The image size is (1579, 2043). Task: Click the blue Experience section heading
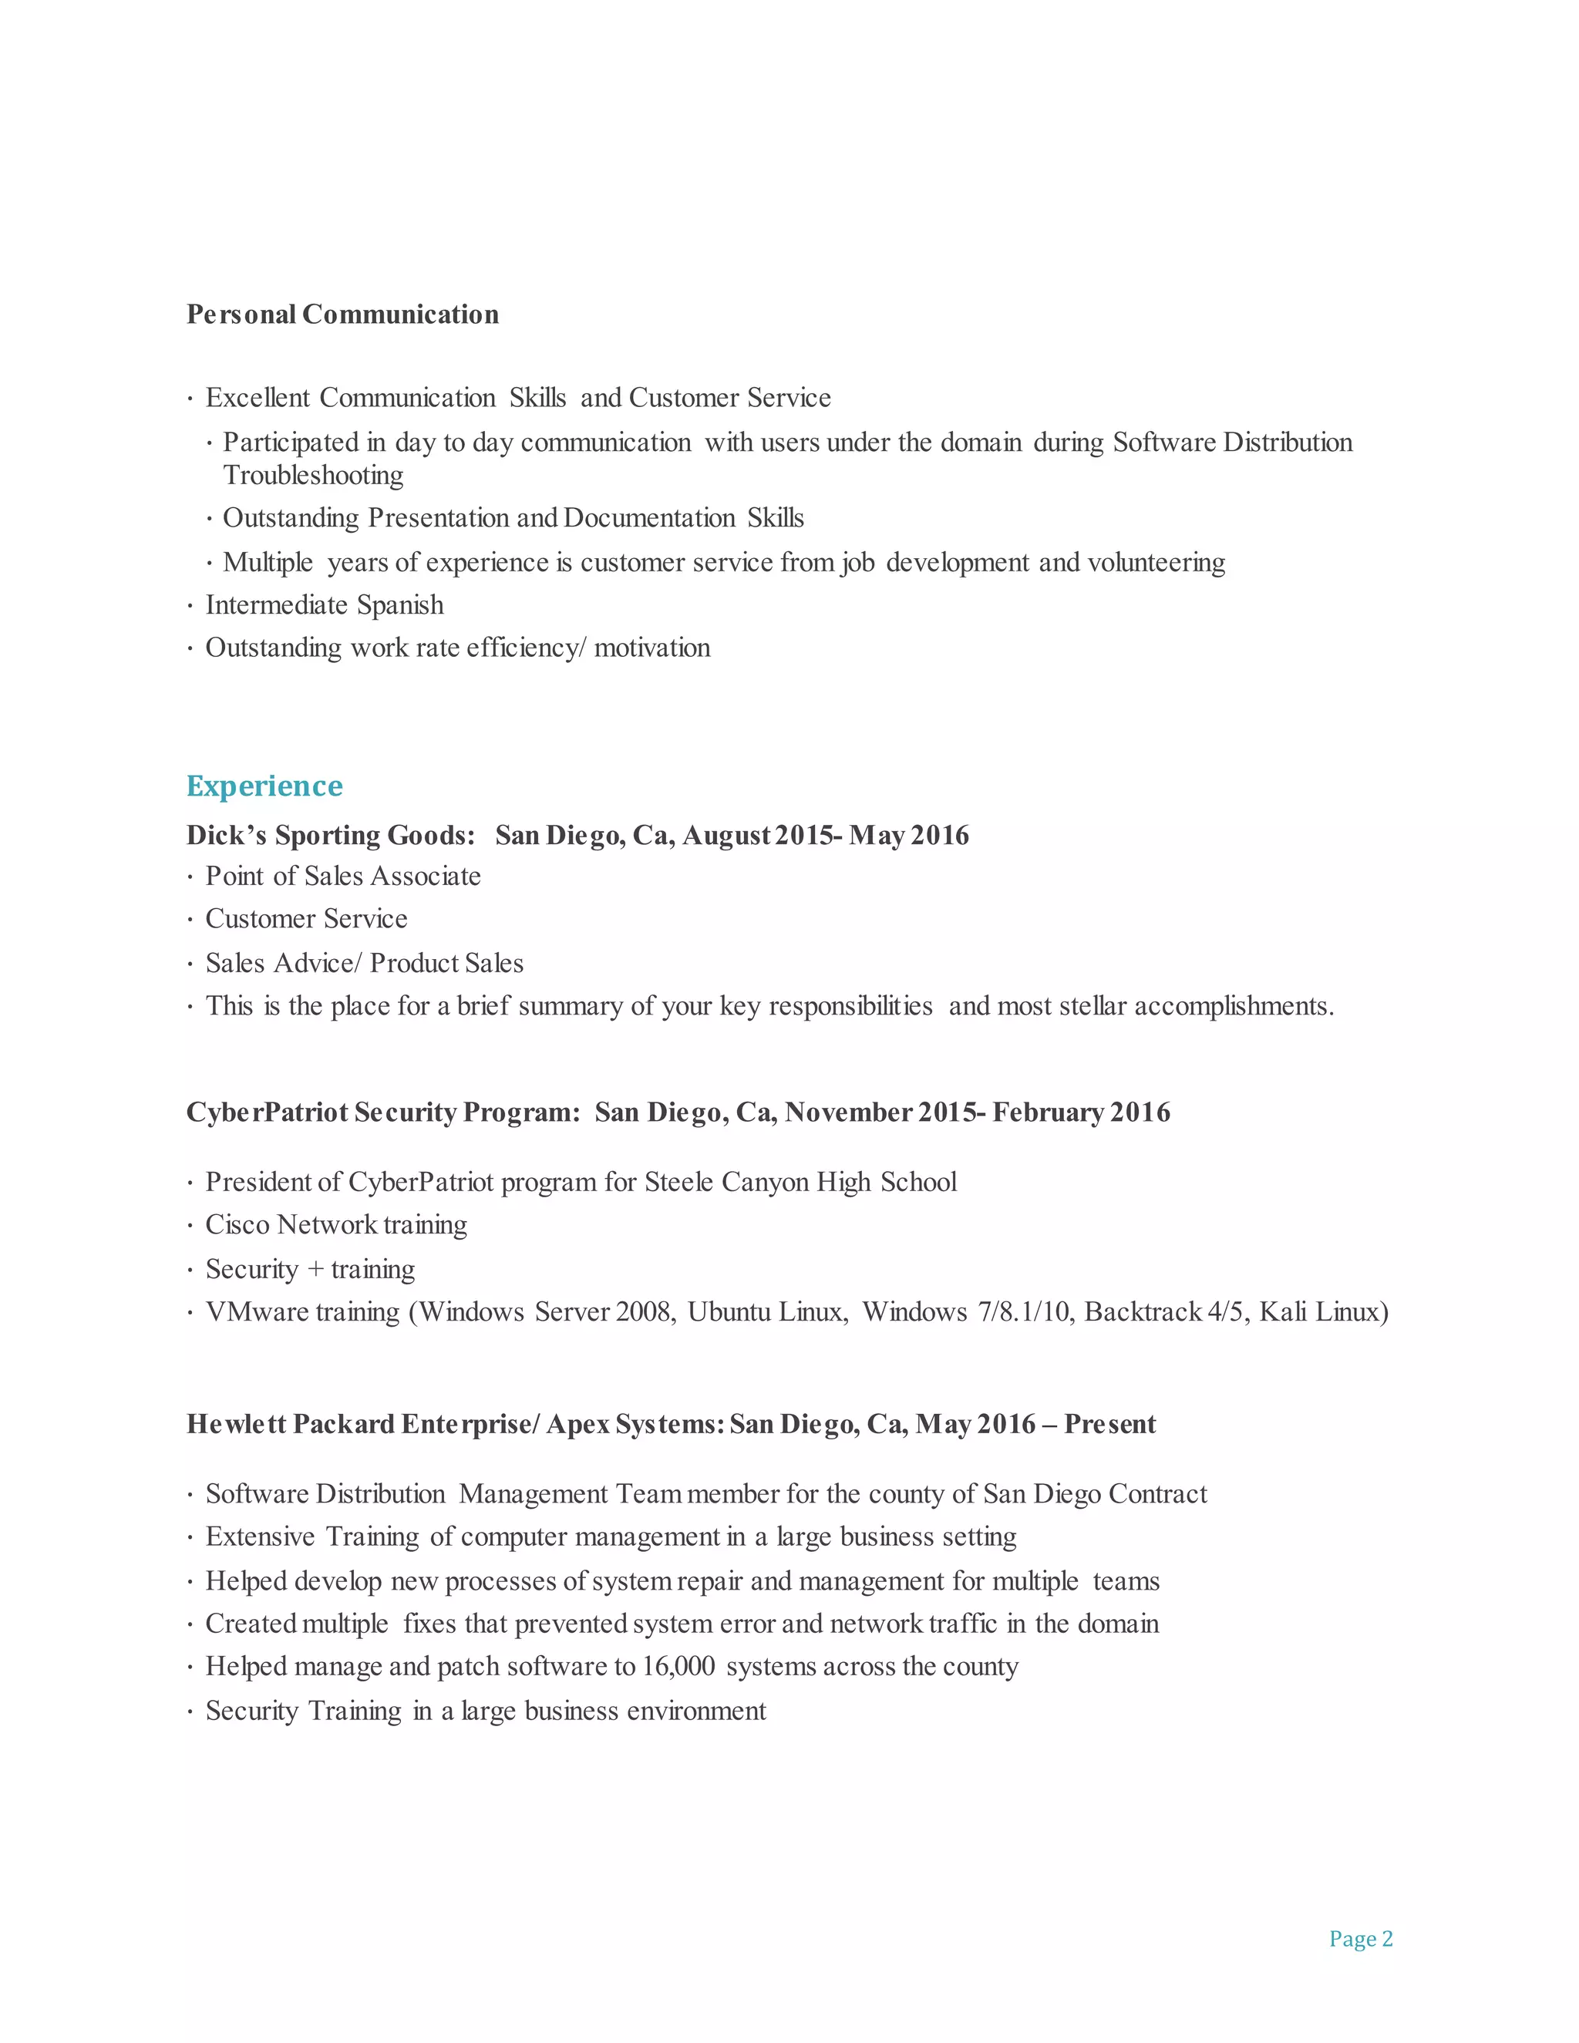(264, 786)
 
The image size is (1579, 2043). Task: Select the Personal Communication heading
(342, 315)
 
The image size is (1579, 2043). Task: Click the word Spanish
(400, 605)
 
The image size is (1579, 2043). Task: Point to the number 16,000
(678, 1666)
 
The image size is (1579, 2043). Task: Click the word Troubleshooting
(313, 475)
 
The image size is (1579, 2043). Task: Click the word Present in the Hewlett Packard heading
(1110, 1424)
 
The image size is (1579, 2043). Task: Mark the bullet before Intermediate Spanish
(190, 606)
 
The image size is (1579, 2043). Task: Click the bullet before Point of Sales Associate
(190, 877)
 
